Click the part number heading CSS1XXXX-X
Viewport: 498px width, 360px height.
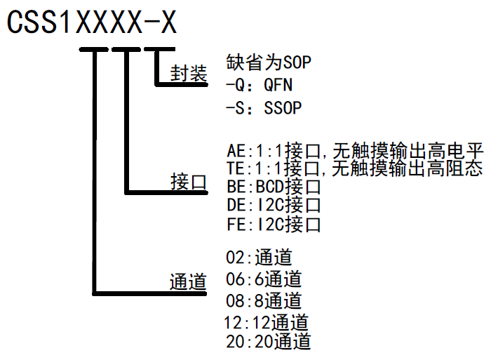(91, 22)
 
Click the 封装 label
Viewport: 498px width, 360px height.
(189, 74)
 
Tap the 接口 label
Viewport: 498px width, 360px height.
(189, 182)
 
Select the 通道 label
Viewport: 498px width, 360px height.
(189, 281)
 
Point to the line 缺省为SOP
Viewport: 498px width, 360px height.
(269, 62)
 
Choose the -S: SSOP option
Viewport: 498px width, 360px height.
(264, 108)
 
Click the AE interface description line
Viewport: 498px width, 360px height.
(355, 151)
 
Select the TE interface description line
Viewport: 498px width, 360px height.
(355, 169)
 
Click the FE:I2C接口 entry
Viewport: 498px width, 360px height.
(274, 225)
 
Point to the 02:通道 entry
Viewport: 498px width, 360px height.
(259, 257)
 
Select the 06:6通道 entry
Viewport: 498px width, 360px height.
(264, 278)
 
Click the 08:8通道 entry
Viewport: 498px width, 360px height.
(264, 300)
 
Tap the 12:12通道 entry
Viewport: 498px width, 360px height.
(268, 322)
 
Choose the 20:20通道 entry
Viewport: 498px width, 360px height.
(268, 342)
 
